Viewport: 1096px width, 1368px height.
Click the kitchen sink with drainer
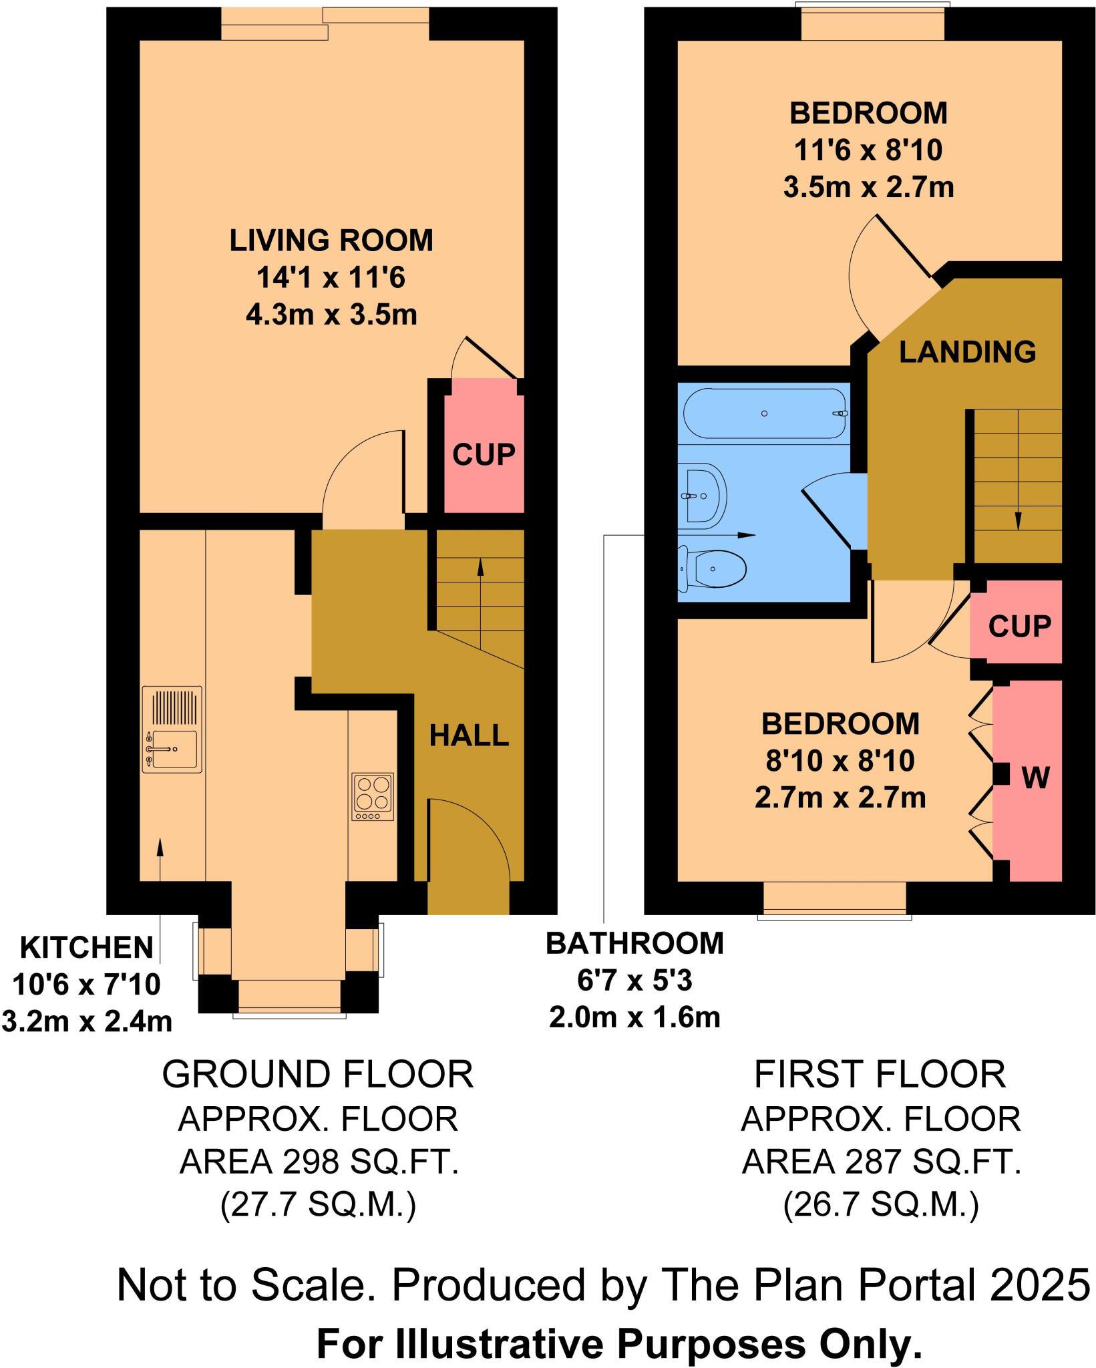pyautogui.click(x=172, y=729)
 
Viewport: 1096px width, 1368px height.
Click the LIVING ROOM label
pyautogui.click(x=331, y=240)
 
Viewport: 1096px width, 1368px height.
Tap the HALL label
pyautogui.click(x=469, y=736)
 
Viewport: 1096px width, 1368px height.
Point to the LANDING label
pyautogui.click(x=967, y=352)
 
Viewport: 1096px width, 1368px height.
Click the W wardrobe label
pyautogui.click(x=1035, y=777)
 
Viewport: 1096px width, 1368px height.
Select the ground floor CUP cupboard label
pyautogui.click(x=484, y=455)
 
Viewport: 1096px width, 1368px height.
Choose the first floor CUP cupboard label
pyautogui.click(x=1019, y=626)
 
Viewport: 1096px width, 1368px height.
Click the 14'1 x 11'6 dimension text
pyautogui.click(x=331, y=278)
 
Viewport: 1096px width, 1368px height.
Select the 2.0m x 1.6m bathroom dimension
pyautogui.click(x=634, y=1017)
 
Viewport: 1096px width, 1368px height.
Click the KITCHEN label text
pyautogui.click(x=87, y=948)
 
